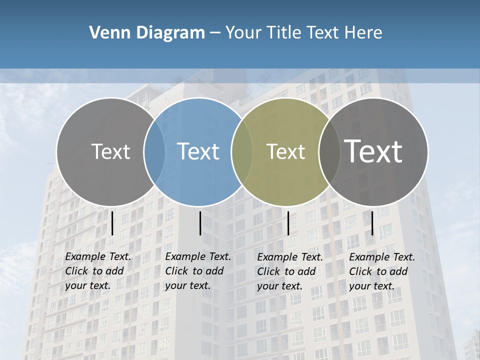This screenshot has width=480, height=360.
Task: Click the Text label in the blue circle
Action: pyautogui.click(x=198, y=151)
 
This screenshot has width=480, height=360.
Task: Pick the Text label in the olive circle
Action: pyautogui.click(x=285, y=151)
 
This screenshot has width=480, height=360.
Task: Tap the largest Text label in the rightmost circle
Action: pyautogui.click(x=373, y=151)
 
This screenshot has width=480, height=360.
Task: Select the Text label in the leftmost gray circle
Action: pyautogui.click(x=110, y=151)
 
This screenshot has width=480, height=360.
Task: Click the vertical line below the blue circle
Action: pyautogui.click(x=200, y=223)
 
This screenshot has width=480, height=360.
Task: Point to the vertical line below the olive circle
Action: pyautogui.click(x=288, y=223)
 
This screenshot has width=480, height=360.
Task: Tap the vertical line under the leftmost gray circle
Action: pyautogui.click(x=112, y=223)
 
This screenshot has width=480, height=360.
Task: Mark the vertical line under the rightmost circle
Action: pyautogui.click(x=372, y=223)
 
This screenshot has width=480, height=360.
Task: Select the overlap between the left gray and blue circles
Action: pyautogui.click(x=154, y=151)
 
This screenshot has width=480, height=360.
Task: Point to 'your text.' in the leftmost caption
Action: pyautogui.click(x=87, y=286)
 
